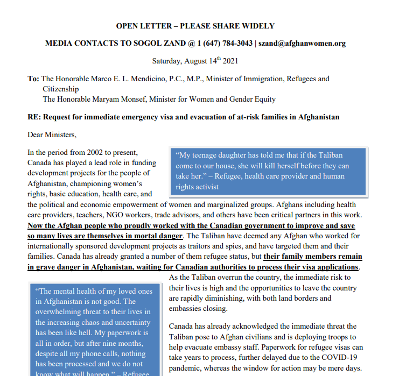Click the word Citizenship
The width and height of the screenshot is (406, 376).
pyautogui.click(x=61, y=89)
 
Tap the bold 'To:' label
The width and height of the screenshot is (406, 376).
pyautogui.click(x=33, y=79)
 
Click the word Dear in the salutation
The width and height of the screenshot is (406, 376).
pyautogui.click(x=37, y=134)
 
